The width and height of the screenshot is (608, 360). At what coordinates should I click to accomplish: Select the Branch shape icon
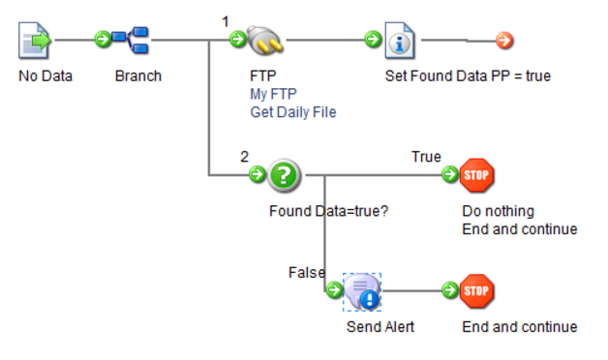click(131, 41)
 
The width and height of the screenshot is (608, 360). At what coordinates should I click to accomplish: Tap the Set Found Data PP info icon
click(400, 41)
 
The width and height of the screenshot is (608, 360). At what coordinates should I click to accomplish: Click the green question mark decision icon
click(285, 175)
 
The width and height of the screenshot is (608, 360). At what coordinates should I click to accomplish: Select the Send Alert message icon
click(364, 291)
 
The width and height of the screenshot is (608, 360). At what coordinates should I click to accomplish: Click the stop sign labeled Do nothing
click(477, 175)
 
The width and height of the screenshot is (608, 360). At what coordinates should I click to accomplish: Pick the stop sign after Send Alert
click(477, 290)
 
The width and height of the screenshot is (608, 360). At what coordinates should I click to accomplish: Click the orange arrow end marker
click(503, 41)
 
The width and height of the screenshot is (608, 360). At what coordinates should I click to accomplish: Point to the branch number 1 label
click(226, 20)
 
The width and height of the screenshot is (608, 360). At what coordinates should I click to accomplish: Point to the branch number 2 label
click(244, 156)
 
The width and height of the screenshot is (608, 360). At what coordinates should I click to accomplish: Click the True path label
click(426, 157)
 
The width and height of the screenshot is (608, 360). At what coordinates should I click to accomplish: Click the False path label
click(307, 273)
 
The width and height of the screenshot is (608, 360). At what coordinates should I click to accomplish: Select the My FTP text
click(274, 94)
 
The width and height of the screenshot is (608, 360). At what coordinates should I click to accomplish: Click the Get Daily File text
click(292, 112)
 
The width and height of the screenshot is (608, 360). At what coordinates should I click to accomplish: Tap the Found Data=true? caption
click(328, 211)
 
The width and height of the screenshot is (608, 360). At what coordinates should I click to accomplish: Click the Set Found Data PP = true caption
click(468, 75)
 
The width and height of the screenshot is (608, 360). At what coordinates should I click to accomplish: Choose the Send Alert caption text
click(380, 327)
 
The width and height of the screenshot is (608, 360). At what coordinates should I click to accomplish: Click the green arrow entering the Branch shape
click(102, 41)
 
